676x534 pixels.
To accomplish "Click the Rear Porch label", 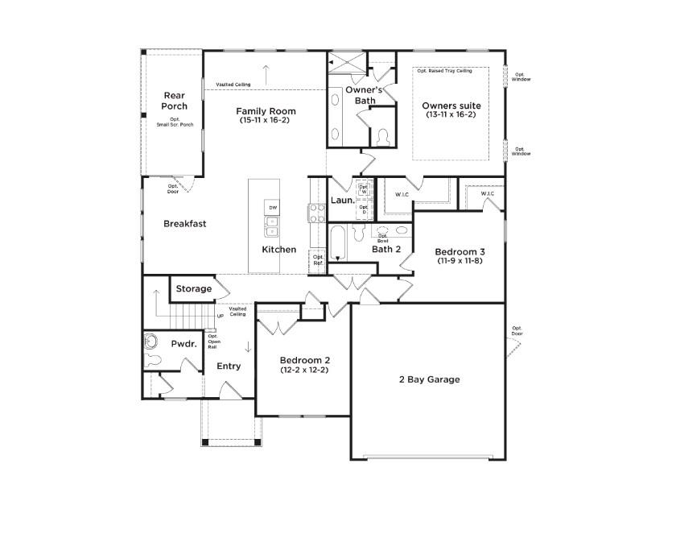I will pos(174,101).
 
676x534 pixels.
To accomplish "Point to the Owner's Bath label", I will pos(360,95).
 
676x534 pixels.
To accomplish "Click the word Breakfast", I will pos(185,224).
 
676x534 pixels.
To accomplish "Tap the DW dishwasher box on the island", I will pos(273,208).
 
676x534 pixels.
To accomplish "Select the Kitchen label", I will pos(278,250).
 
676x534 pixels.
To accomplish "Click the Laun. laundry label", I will pos(343,200).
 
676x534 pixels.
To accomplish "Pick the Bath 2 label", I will pos(385,250).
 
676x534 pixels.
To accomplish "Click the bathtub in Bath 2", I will pos(337,242).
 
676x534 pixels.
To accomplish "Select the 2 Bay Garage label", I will pos(430,379).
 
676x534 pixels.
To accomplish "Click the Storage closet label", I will pos(194,288).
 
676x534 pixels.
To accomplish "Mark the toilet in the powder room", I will pos(151,342).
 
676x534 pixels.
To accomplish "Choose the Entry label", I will pos(229,366).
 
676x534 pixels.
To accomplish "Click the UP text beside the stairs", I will pos(220,317).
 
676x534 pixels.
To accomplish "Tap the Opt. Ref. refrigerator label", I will pos(318,259).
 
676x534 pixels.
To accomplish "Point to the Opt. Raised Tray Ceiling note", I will pos(444,71).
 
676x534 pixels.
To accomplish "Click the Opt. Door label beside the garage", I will pos(517,331).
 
